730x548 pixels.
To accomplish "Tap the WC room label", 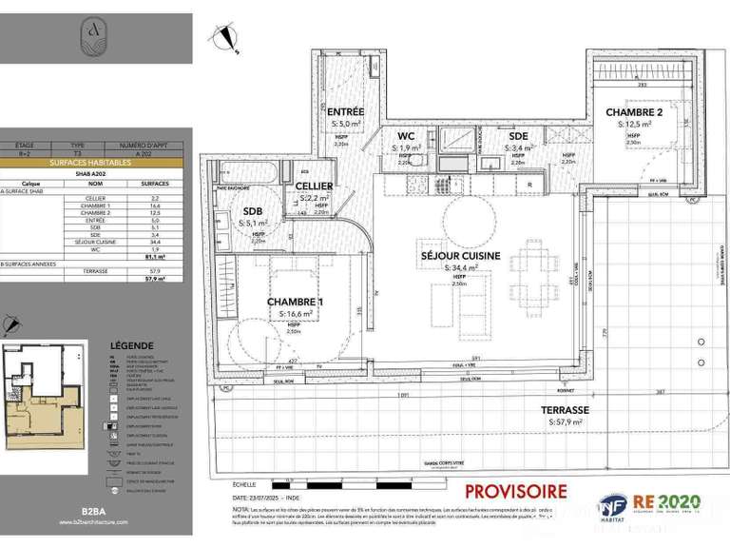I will [x=407, y=136].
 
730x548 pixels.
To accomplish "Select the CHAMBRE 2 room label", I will [x=634, y=112].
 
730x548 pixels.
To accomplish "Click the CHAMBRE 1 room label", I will [x=295, y=302].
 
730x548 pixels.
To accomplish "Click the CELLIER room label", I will [x=314, y=186].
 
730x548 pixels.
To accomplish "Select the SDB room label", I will [x=252, y=211].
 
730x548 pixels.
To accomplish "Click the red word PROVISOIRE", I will [x=515, y=492].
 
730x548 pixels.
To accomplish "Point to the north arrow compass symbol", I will [x=226, y=36].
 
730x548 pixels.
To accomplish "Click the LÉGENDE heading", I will [x=129, y=345].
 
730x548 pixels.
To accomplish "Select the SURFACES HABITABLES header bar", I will [x=95, y=163].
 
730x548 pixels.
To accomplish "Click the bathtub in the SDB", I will [x=247, y=176].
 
